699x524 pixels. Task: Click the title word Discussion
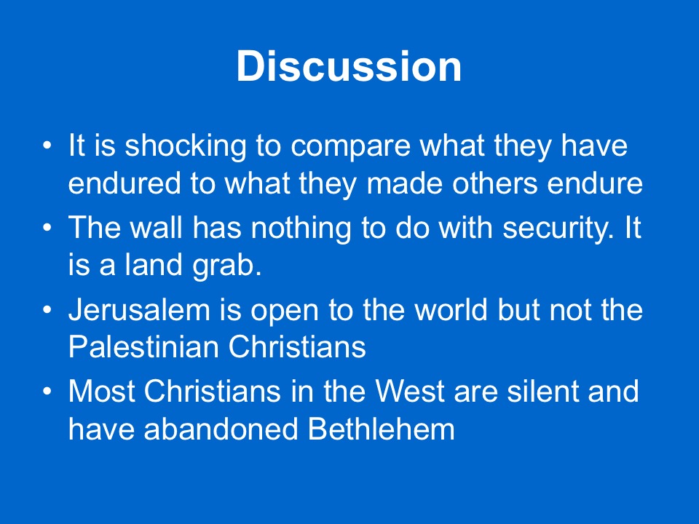pos(349,66)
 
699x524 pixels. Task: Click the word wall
pos(156,227)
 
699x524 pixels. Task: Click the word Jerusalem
pos(139,310)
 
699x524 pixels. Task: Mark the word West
pos(410,392)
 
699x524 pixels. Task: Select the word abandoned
pos(221,429)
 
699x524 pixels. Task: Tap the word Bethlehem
pos(381,429)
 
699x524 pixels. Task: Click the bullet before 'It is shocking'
pos(47,146)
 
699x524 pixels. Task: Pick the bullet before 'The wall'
pos(47,227)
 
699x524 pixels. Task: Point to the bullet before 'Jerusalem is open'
pos(47,310)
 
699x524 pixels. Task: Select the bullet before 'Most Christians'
pos(47,392)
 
